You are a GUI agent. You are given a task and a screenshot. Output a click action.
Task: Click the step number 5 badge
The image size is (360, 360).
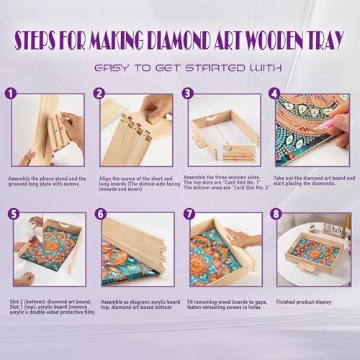11,214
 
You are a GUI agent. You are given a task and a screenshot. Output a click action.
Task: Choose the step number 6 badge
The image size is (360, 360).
100,214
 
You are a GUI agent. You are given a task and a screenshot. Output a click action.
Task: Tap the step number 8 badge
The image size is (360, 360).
274,214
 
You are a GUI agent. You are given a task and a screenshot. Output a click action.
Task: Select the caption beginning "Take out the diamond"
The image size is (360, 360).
310,181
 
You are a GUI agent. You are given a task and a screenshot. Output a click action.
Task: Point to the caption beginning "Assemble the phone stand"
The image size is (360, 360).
46,181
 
